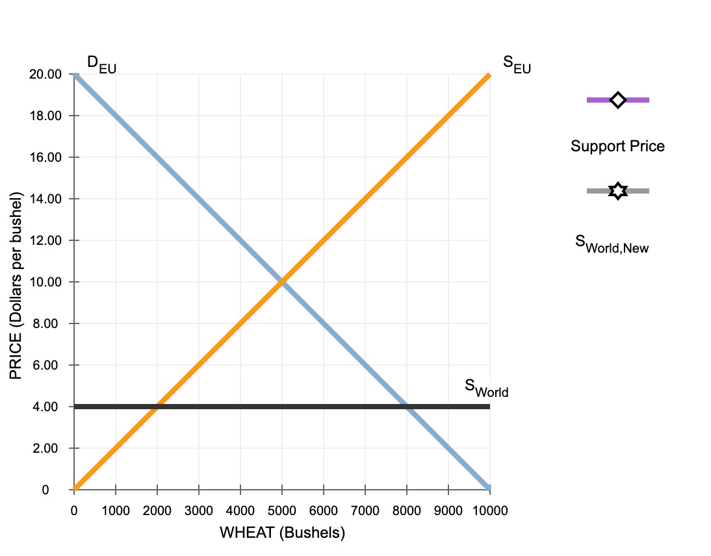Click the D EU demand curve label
(101, 64)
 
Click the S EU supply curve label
(517, 64)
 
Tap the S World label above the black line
(486, 387)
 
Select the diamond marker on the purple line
(617, 100)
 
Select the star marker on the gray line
(617, 191)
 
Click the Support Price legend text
(617, 146)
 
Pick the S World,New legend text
(612, 244)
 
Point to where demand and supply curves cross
(282, 282)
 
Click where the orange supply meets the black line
(157, 407)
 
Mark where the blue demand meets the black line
(407, 407)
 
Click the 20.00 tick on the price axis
(45, 74)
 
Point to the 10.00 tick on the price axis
(45, 282)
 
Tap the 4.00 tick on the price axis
(49, 407)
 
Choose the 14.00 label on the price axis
(45, 199)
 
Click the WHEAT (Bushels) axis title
(282, 533)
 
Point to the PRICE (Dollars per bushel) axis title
(16, 286)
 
